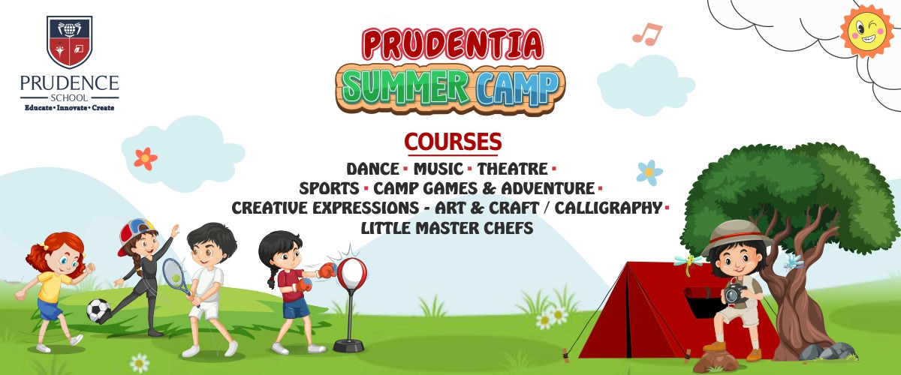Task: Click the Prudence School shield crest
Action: (x=70, y=42)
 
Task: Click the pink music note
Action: (x=646, y=34)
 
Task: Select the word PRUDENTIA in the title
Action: (x=453, y=43)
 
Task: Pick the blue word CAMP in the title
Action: (x=518, y=88)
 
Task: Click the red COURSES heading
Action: (x=453, y=142)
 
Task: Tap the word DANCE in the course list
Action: (x=373, y=169)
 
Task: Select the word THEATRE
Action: (x=512, y=169)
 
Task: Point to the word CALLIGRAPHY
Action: (x=608, y=208)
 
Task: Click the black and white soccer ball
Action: (x=98, y=310)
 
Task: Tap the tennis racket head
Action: (x=173, y=272)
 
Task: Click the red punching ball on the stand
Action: (x=351, y=273)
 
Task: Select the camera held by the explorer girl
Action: (x=735, y=293)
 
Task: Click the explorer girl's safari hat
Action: (x=737, y=236)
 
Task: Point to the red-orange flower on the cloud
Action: (x=145, y=158)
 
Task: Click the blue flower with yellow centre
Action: (x=649, y=172)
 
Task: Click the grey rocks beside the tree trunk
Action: (x=827, y=352)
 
